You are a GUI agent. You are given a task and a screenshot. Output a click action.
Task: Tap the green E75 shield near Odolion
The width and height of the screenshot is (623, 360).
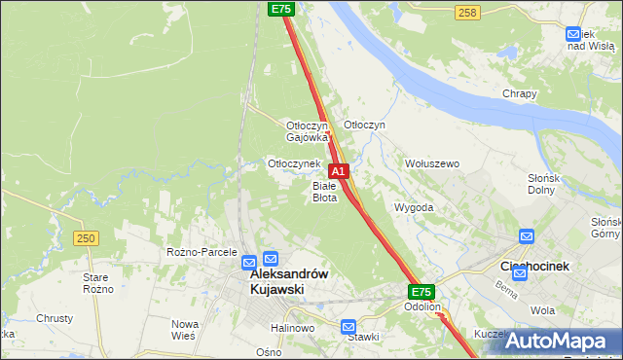[421, 291]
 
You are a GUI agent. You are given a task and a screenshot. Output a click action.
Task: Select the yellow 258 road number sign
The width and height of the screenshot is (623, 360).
[467, 12]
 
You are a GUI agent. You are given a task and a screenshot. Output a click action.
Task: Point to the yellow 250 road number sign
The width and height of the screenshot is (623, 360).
[86, 238]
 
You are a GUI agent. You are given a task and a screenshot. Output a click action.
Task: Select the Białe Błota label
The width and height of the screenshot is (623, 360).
[324, 192]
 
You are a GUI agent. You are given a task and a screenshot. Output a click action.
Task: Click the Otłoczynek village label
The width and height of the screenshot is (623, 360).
[294, 163]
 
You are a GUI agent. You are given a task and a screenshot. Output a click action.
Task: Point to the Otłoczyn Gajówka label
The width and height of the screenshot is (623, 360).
[307, 131]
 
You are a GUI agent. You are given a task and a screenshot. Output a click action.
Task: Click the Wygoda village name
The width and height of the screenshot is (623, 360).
[414, 207]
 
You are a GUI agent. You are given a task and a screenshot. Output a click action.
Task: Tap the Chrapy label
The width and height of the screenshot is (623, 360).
[520, 93]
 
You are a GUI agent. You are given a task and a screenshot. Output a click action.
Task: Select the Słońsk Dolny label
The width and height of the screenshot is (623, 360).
[568, 183]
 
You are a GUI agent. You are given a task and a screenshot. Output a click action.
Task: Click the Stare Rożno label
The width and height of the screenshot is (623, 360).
[98, 283]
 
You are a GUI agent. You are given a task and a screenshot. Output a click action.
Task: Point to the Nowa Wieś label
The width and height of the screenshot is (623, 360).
[184, 329]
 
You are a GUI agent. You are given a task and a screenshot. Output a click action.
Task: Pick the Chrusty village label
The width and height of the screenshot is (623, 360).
[55, 318]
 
